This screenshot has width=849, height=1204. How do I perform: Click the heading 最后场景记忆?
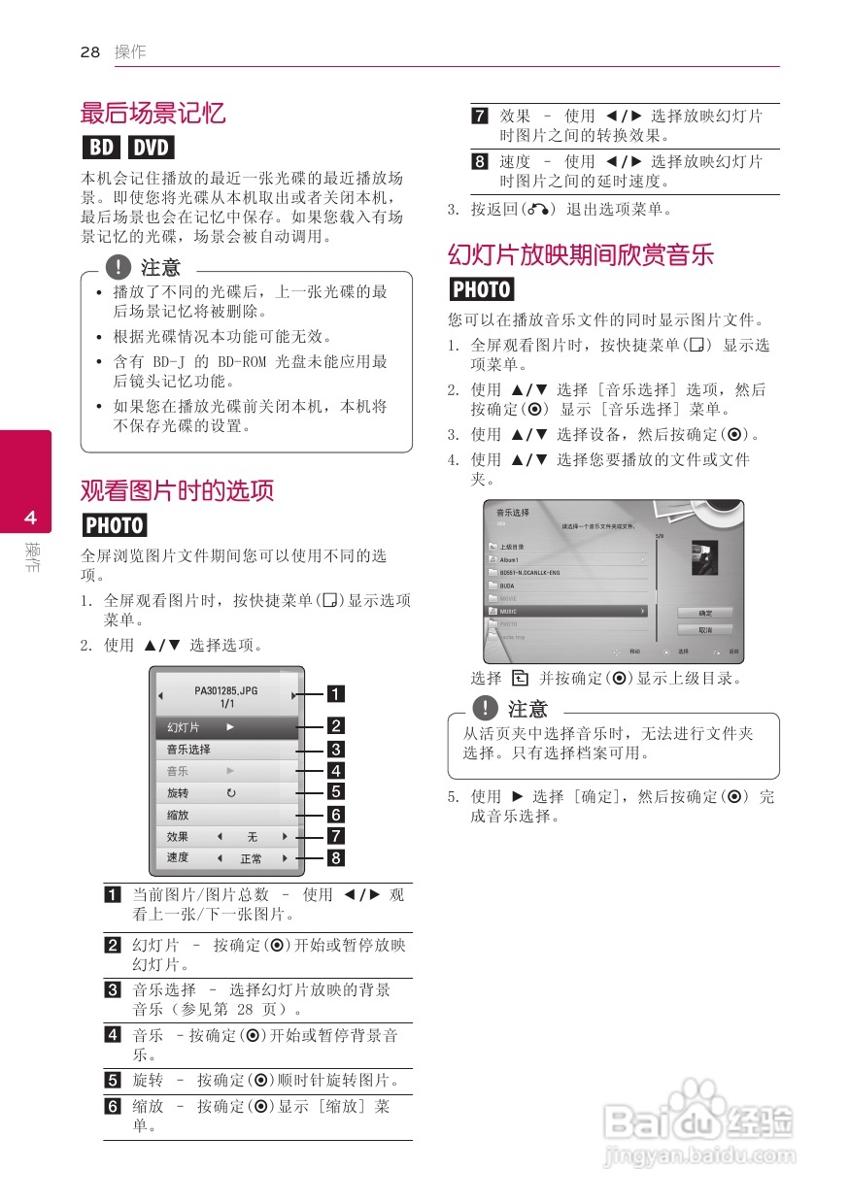(153, 113)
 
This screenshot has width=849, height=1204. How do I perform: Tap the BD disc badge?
(100, 148)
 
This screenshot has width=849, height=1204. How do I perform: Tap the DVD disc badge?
(151, 148)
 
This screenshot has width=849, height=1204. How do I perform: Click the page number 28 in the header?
(90, 52)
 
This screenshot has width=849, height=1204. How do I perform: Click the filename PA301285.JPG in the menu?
(226, 691)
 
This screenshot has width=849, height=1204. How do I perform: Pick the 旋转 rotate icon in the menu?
(231, 793)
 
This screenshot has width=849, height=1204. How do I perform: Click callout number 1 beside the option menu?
(334, 693)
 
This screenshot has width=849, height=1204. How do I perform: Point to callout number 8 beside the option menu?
(334, 858)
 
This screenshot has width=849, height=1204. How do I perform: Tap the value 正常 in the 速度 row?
(251, 859)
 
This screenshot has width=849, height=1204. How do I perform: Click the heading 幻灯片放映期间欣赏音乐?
(580, 255)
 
